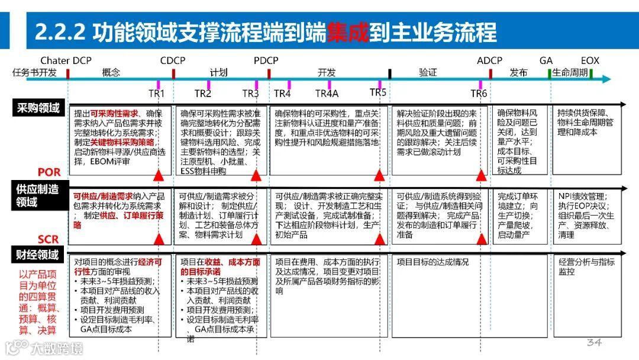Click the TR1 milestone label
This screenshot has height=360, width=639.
(156, 94)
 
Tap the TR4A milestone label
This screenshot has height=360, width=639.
(327, 94)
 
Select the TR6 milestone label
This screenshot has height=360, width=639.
(479, 94)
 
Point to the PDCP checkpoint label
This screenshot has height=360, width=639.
(266, 61)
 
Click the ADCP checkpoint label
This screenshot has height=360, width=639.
(489, 61)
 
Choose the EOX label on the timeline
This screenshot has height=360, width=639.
(589, 61)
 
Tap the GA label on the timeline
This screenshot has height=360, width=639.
(546, 61)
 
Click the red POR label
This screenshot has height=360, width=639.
(49, 172)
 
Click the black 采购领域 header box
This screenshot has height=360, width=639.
(38, 108)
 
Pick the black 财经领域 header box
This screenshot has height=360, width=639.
(38, 256)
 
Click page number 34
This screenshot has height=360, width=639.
(594, 343)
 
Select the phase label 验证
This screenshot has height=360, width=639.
(428, 73)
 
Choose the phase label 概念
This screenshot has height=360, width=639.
(111, 73)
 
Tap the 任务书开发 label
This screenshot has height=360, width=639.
(35, 73)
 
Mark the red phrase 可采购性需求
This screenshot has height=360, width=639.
(114, 113)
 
